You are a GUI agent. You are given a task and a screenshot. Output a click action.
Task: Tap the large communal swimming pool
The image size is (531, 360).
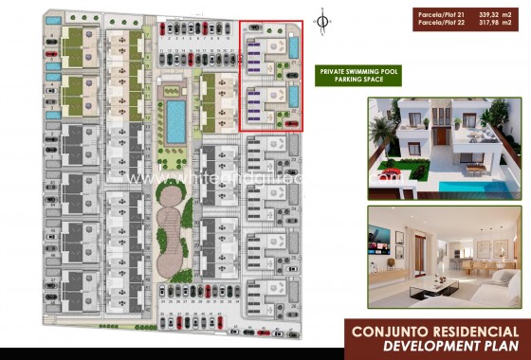click(176, 119)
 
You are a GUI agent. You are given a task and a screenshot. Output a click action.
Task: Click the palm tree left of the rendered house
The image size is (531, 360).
click(382, 133)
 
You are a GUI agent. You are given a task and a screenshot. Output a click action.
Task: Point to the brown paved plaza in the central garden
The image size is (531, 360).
click(171, 227)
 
